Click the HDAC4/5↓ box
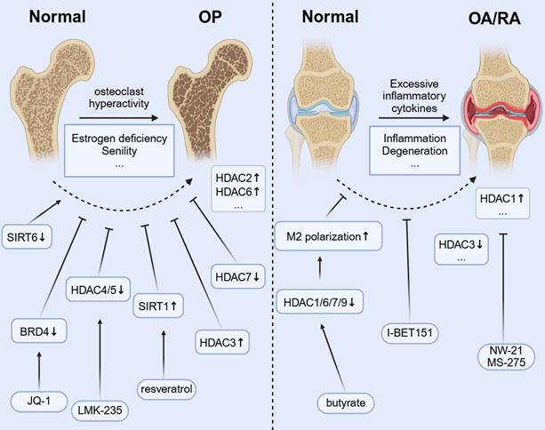(100, 287)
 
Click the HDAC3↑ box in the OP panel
(220, 338)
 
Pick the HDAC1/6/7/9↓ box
(324, 301)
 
